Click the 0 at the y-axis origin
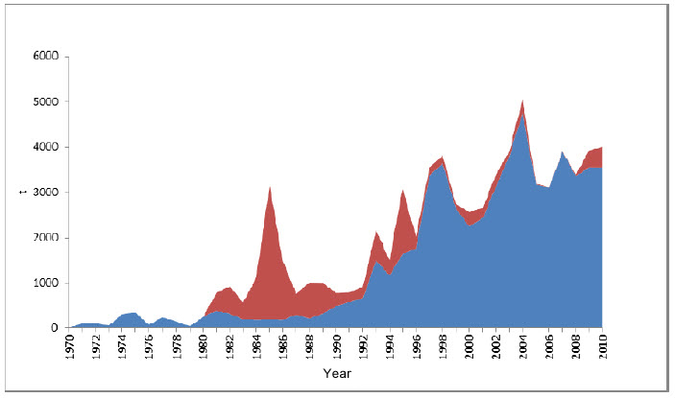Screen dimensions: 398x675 pos(55,328)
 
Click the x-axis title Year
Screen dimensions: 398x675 pos(336,372)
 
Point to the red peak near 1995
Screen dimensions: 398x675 pos(403,193)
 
